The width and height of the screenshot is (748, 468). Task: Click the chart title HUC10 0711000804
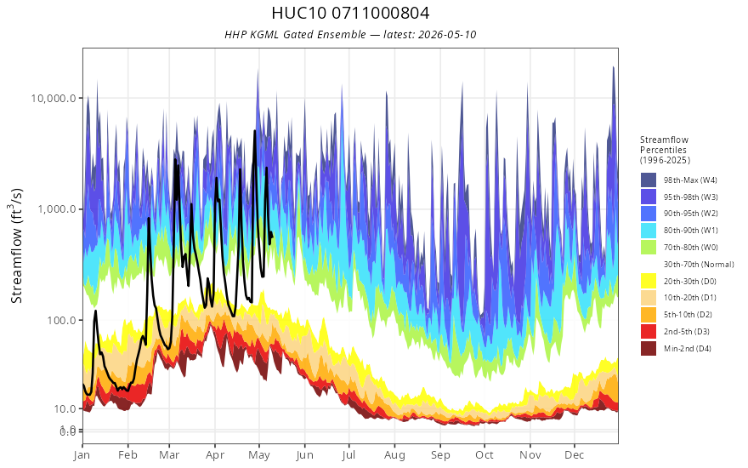350,13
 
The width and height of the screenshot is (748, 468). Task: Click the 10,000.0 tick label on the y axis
54,99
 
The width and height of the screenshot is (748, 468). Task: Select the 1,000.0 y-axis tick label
56,209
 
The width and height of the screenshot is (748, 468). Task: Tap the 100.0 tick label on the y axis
61,320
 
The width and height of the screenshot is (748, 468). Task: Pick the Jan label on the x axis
82,454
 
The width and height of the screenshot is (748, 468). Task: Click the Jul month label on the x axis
348,454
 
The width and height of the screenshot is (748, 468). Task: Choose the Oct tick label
484,454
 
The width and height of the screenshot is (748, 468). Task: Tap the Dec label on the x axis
575,454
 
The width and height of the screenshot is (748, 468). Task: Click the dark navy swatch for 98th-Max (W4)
649,180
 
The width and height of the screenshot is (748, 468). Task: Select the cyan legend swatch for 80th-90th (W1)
649,231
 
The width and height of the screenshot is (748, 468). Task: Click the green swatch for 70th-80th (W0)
649,248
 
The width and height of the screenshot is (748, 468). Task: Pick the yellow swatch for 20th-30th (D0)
649,282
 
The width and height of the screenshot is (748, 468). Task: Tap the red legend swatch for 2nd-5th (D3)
649,331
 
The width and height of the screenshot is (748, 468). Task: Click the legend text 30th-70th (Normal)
699,265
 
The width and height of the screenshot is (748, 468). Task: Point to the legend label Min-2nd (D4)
688,349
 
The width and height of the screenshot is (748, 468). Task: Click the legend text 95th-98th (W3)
691,197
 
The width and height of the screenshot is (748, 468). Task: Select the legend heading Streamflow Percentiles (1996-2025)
665,150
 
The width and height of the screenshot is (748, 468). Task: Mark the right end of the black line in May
272,235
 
